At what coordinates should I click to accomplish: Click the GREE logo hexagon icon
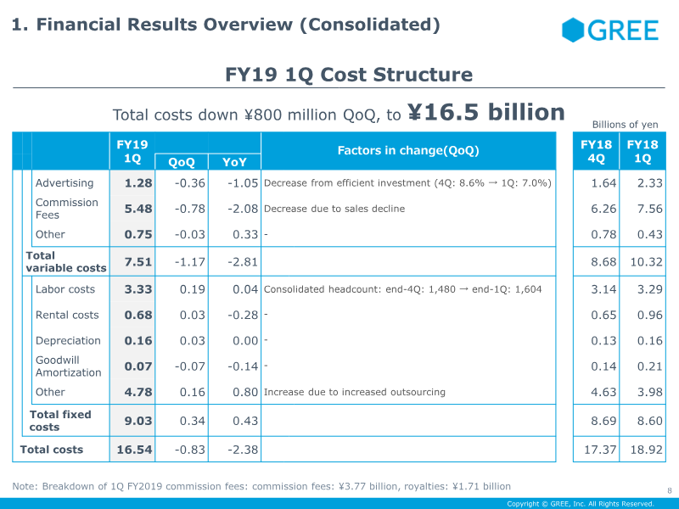click(x=574, y=31)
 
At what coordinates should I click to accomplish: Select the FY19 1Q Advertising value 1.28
click(x=138, y=183)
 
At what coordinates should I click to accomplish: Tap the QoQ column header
click(x=182, y=162)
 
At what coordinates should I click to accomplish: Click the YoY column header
click(x=235, y=162)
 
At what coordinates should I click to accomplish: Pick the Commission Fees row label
click(x=66, y=209)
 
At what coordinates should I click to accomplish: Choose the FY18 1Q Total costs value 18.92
click(x=643, y=449)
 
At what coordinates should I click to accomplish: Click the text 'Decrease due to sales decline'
click(x=334, y=209)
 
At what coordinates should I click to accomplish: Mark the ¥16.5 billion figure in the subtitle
click(x=486, y=113)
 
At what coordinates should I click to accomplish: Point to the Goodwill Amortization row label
click(x=68, y=366)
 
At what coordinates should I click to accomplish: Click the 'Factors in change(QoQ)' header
click(x=408, y=151)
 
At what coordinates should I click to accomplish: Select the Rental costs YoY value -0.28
click(x=243, y=315)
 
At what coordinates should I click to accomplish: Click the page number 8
click(x=670, y=489)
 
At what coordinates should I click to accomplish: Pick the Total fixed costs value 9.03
click(x=138, y=421)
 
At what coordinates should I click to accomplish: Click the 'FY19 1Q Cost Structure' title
click(x=349, y=75)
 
